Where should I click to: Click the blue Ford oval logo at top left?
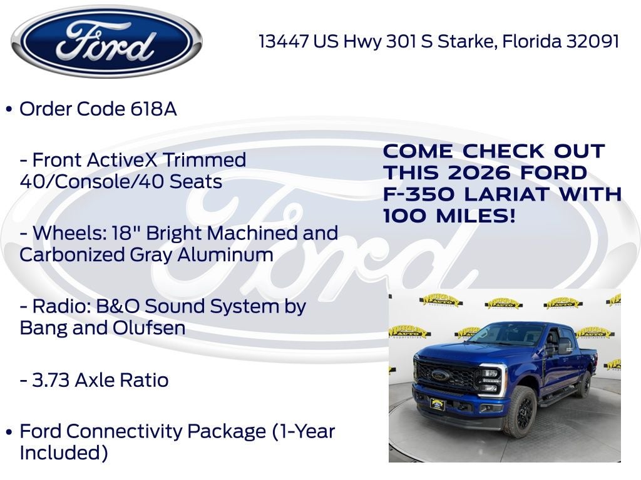(x=106, y=41)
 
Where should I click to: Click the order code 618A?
(x=153, y=109)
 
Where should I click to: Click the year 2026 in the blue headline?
(x=481, y=172)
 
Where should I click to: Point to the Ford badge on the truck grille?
(x=441, y=375)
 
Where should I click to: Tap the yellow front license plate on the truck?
(x=437, y=404)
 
